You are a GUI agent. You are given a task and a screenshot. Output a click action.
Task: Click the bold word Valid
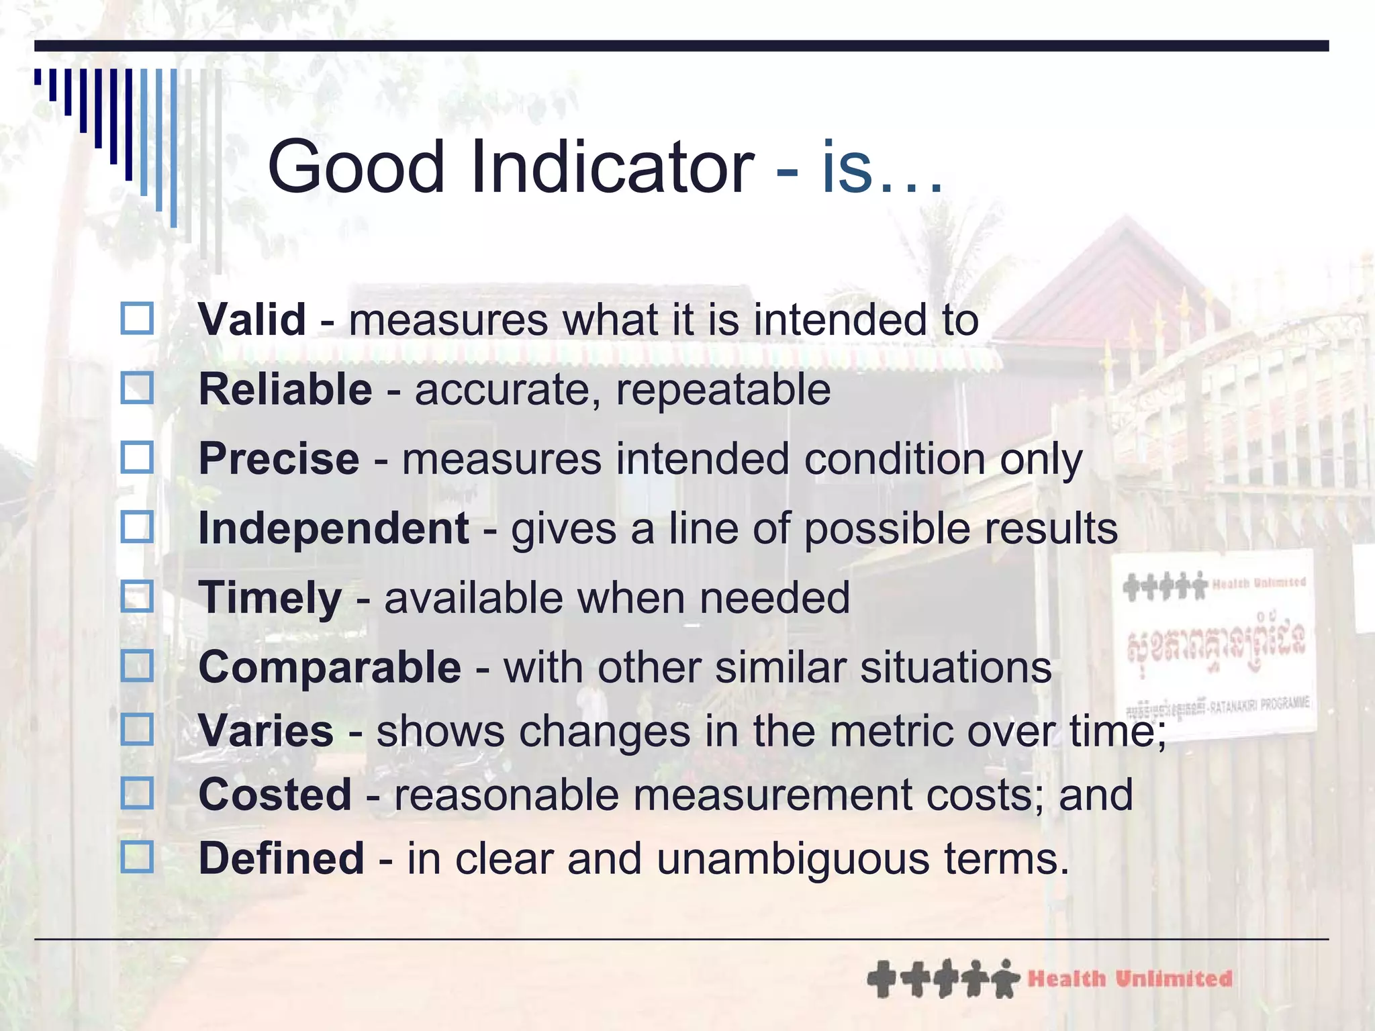252,320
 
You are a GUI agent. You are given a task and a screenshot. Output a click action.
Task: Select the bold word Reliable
285,389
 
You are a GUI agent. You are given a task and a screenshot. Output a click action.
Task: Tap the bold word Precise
279,459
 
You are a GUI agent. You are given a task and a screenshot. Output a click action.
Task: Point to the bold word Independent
334,528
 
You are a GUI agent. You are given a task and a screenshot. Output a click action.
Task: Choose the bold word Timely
270,598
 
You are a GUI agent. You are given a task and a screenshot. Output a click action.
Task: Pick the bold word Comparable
330,668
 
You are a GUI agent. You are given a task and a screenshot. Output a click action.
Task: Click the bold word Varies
266,731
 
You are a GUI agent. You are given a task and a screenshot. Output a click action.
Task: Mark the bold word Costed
275,795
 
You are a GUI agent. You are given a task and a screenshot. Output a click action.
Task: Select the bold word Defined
281,858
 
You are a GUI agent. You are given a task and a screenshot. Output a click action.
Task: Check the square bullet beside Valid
137,318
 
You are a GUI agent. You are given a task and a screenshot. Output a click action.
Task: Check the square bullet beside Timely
137,597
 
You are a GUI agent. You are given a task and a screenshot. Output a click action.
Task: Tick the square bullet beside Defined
137,857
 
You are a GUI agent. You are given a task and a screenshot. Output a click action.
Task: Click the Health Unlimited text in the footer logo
1130,979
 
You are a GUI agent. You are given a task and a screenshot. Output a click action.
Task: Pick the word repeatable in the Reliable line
723,391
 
